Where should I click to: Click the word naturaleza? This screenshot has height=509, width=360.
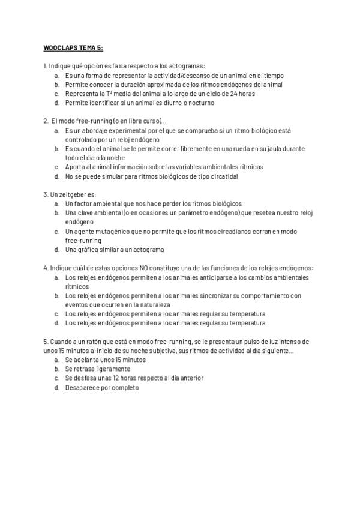coord(153,304)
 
